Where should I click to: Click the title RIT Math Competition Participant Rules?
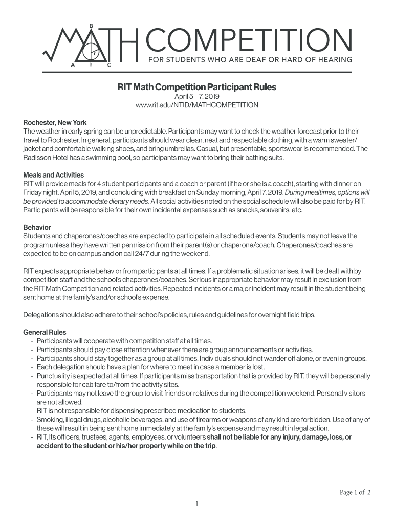[x=197, y=87]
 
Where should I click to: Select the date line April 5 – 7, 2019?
[x=197, y=96]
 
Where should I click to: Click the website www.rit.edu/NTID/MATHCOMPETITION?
[x=197, y=105]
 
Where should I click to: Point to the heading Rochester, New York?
[x=55, y=123]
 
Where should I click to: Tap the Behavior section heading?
[x=37, y=227]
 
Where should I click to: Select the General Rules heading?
[x=45, y=332]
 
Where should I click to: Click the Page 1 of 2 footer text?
[x=355, y=493]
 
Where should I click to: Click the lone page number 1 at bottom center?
[x=196, y=504]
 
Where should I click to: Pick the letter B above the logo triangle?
[x=91, y=25]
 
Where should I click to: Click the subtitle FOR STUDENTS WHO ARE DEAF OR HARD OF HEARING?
[x=250, y=59]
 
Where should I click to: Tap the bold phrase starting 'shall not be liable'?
[x=279, y=437]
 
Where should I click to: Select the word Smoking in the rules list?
[x=50, y=420]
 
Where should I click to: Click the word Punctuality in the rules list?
[x=54, y=376]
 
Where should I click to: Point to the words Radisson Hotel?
[x=45, y=158]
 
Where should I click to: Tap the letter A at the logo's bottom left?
[x=73, y=66]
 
